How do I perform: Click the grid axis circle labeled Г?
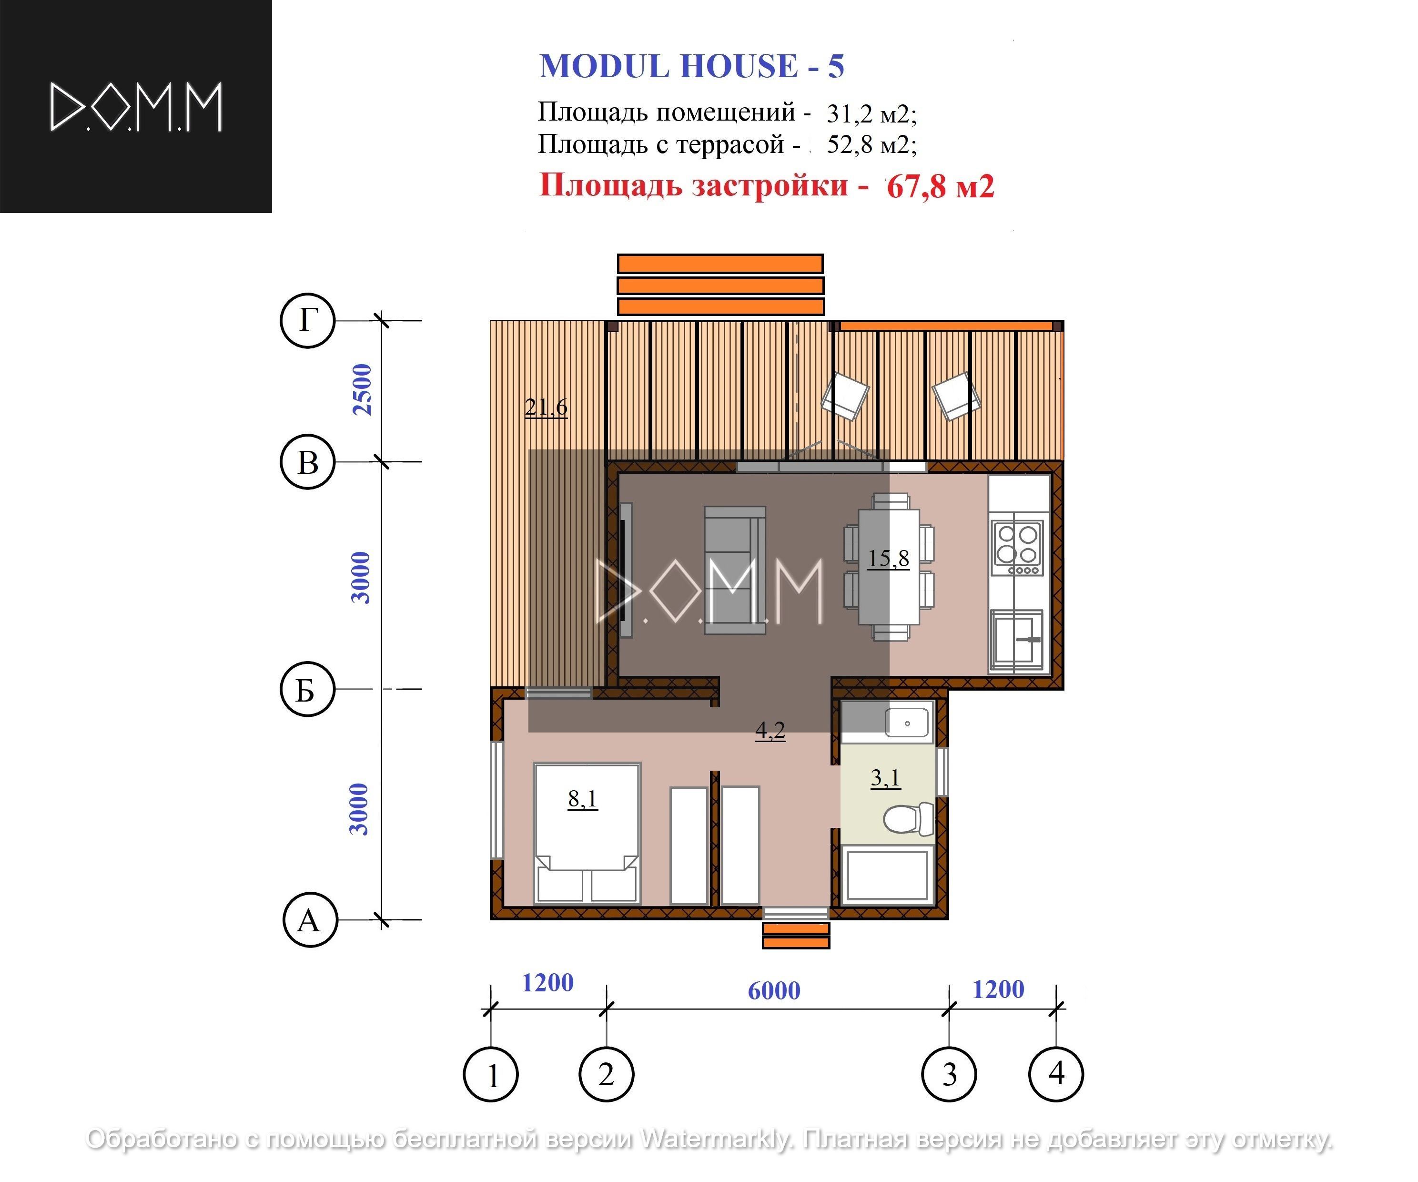click(308, 320)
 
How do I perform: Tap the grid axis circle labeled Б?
click(307, 690)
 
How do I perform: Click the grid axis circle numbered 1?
click(491, 1074)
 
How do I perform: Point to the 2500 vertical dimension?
click(363, 390)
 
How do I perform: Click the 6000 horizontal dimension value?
click(774, 991)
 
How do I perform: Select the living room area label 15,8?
click(888, 559)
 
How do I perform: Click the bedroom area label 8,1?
click(582, 799)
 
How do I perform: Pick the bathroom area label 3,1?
click(885, 778)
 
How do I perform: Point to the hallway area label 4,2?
click(770, 730)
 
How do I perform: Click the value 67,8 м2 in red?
click(940, 186)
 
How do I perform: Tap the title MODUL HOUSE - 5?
click(691, 66)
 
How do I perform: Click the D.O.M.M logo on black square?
click(136, 107)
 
